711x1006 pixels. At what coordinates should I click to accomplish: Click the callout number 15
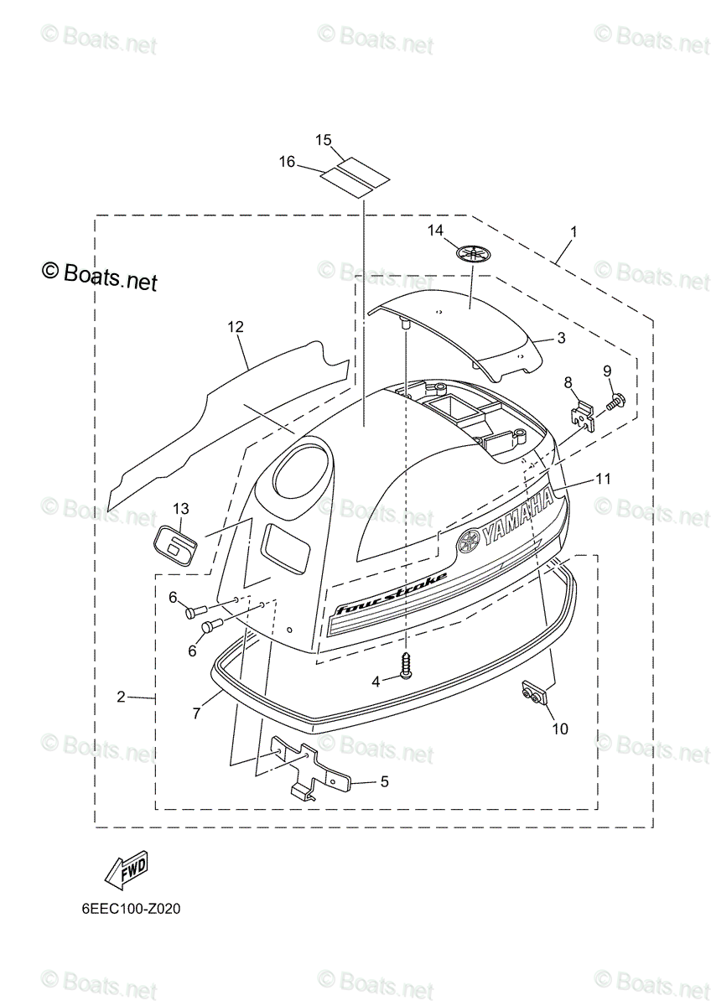(x=324, y=140)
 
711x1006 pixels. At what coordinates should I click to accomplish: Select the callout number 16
(x=287, y=162)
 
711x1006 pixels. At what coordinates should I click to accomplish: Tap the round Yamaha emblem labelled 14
(x=474, y=254)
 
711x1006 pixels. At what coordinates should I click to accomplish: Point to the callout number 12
(x=235, y=327)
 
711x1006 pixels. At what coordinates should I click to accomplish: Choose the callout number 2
(x=122, y=697)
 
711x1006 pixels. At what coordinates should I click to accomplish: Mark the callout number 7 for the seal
(x=196, y=713)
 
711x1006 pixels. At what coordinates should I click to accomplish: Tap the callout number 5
(x=384, y=781)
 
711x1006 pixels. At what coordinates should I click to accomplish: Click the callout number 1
(x=573, y=230)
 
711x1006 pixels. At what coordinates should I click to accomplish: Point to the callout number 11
(x=604, y=479)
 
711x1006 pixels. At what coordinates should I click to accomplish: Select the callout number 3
(x=561, y=338)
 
